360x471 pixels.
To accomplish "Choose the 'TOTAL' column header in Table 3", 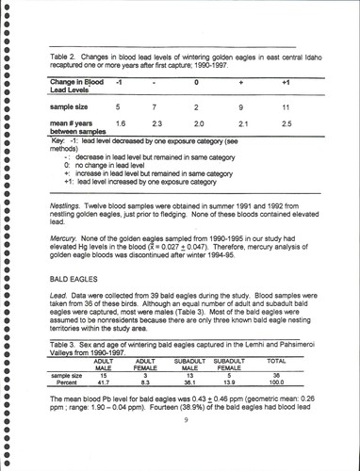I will [x=276, y=360].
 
